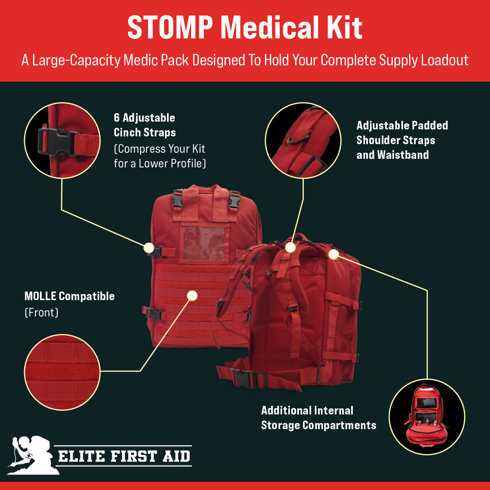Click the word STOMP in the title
[170, 28]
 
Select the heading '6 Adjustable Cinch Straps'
[145, 125]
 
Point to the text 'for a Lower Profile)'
[160, 163]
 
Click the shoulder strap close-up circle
[303, 140]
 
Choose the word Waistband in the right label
[403, 155]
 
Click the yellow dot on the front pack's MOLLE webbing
[192, 295]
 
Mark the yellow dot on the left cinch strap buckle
[149, 248]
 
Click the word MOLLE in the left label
[40, 296]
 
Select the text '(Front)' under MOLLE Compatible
[41, 313]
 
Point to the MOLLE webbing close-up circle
[62, 372]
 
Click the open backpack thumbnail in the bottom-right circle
[426, 416]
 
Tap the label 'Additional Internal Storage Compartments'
[318, 418]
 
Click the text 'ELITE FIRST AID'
[124, 456]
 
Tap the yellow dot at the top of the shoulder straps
[290, 247]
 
